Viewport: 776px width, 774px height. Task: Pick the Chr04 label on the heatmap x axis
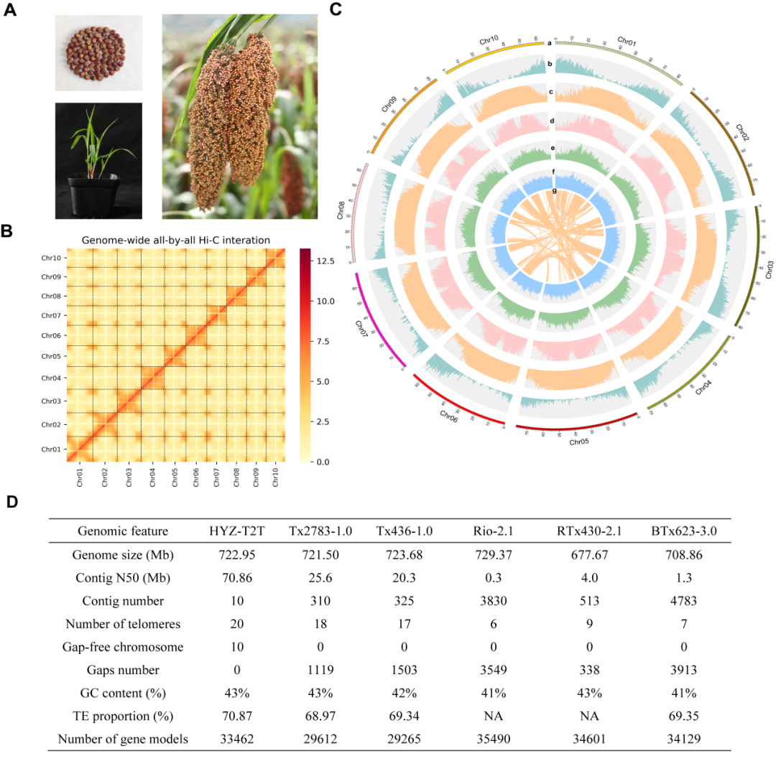(x=152, y=477)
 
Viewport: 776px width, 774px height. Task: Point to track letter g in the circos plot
(x=554, y=190)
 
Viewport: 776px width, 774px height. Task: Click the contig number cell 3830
(x=492, y=601)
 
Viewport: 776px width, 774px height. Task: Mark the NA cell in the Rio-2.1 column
(x=492, y=716)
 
